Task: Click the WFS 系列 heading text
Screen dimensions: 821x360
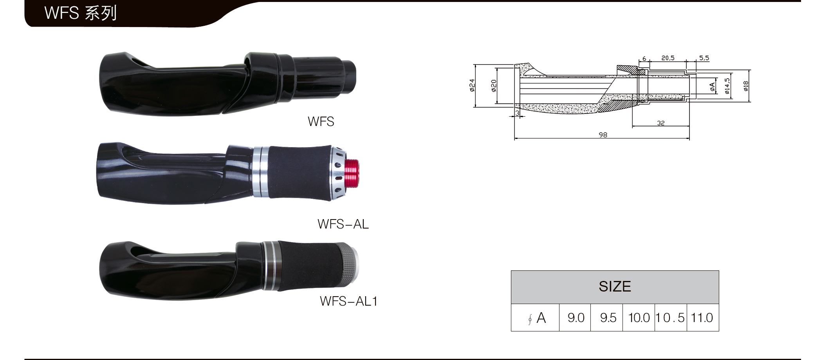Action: click(x=80, y=13)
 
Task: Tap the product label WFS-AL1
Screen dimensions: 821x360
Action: click(x=348, y=301)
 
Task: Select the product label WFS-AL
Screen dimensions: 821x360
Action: click(x=343, y=224)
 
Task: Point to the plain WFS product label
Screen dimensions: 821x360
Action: click(x=321, y=122)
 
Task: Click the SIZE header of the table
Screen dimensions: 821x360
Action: click(x=615, y=286)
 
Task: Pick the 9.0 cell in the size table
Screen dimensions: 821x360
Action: click(x=576, y=318)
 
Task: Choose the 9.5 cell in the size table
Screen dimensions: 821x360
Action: click(x=608, y=318)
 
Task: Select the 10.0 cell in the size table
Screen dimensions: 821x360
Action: click(x=639, y=318)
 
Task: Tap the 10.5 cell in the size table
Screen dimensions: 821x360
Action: click(x=670, y=318)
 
